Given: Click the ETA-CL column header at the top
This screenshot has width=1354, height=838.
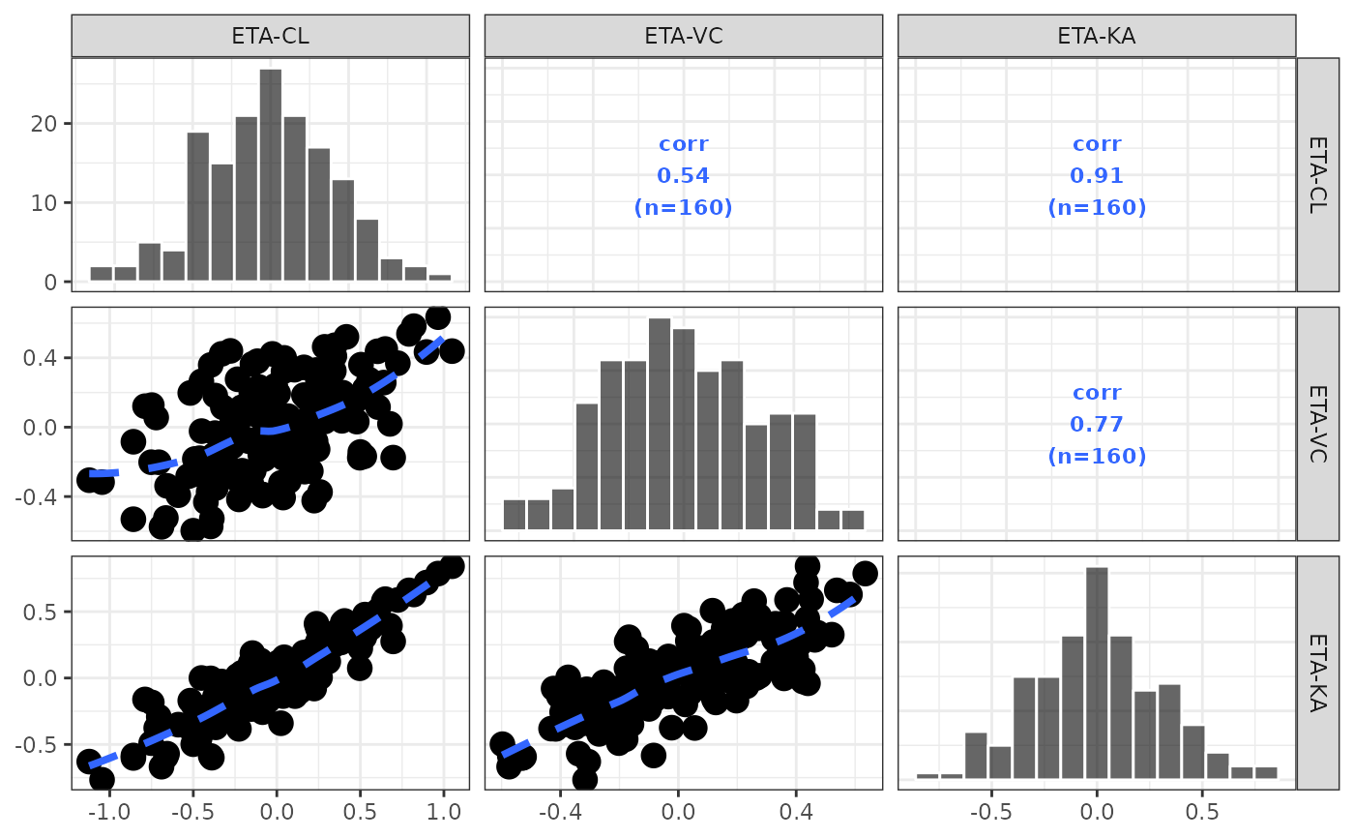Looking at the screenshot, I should point(270,37).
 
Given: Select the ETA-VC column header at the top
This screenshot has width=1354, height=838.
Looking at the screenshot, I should point(683,37).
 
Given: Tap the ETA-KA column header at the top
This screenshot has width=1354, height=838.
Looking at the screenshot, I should point(1097,37).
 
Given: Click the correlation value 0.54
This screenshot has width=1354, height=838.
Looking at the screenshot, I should point(683,176).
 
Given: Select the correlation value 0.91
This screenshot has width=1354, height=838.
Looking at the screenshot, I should point(1097,176).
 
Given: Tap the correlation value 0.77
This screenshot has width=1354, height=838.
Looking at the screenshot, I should point(1097,424).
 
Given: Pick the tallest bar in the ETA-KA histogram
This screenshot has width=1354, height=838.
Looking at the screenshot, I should point(1097,673).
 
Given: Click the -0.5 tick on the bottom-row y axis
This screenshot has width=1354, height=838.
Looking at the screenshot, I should point(43,743).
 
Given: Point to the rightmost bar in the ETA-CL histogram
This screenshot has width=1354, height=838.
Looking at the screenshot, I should point(439,278).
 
